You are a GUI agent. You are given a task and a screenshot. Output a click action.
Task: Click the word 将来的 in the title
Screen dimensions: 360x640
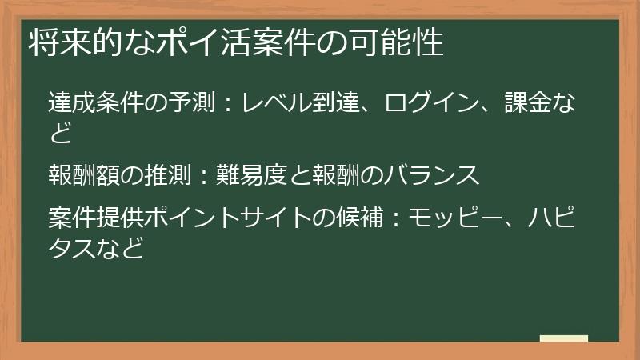(66, 43)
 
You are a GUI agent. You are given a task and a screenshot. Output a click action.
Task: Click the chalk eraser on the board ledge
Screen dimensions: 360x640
(564, 339)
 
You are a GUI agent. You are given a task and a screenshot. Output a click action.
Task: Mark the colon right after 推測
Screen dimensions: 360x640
(201, 174)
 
